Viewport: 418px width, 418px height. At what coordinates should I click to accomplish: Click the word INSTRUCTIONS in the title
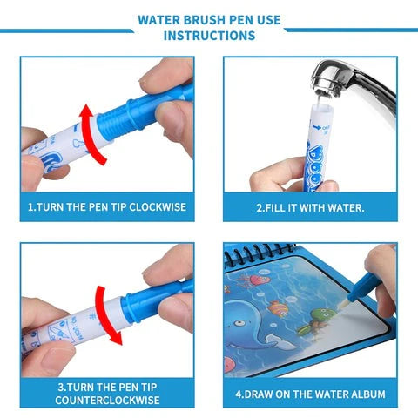click(x=210, y=36)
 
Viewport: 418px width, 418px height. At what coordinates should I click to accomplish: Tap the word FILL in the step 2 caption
click(x=271, y=209)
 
